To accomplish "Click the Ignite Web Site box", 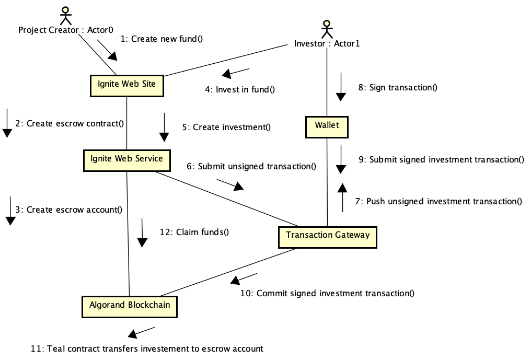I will (x=126, y=84).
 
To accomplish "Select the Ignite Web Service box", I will (x=126, y=159).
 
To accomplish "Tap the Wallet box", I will (x=327, y=126).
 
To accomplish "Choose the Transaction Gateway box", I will (x=327, y=236).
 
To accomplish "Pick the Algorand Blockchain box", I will (x=129, y=305).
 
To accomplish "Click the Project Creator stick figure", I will (x=65, y=16).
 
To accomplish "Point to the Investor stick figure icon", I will (x=327, y=29).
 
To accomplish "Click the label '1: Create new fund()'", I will (x=161, y=39).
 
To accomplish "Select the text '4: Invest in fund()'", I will (x=239, y=89).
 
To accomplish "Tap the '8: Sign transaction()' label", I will (x=397, y=87).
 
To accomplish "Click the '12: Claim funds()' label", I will (x=194, y=232).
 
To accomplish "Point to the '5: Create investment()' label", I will (x=226, y=127).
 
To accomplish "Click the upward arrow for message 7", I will (x=342, y=198).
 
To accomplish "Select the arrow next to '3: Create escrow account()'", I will (x=10, y=211).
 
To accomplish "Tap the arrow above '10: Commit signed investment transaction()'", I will (x=244, y=278).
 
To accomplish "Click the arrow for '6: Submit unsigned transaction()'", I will (x=230, y=185).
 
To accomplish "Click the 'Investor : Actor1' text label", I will (x=327, y=44).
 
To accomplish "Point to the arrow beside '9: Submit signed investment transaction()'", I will (x=341, y=159).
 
